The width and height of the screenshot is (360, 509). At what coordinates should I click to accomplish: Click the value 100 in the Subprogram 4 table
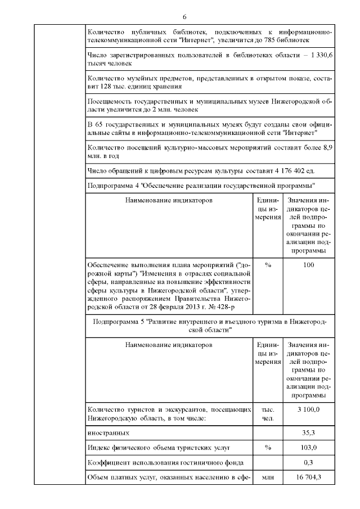point(308,265)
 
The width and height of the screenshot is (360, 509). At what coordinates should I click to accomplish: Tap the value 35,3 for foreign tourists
point(308,433)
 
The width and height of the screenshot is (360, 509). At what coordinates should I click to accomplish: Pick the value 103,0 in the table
point(308,448)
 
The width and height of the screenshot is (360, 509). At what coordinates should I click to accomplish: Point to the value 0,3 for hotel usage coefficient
point(308,463)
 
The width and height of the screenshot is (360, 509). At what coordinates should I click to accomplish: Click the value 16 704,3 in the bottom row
point(308,478)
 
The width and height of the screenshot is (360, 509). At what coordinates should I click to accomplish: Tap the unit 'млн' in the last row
point(268,478)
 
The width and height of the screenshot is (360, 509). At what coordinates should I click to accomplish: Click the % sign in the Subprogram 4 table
point(268,265)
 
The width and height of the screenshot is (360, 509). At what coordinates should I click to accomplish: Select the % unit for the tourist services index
point(268,448)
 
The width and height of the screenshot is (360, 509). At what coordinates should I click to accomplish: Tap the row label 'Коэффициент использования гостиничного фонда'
point(166,463)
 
